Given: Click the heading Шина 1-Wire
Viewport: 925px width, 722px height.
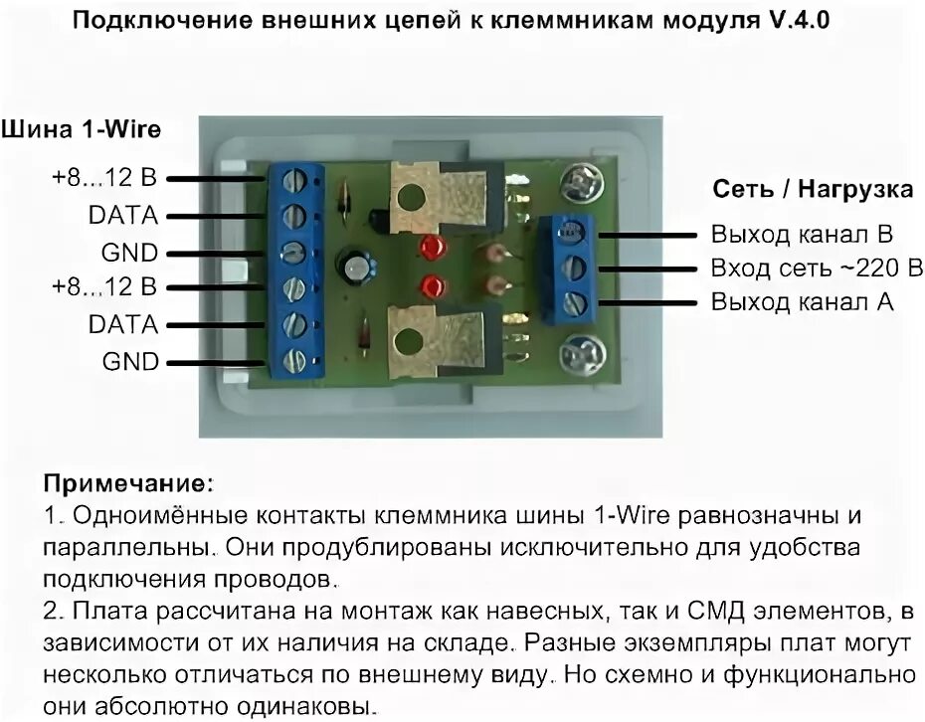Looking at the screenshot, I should click(81, 129).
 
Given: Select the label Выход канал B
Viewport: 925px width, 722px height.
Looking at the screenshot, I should click(802, 235).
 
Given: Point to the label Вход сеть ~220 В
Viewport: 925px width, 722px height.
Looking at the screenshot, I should click(816, 269).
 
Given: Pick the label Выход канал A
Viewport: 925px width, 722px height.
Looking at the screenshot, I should click(802, 301).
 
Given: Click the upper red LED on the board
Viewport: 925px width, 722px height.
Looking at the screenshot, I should click(431, 248).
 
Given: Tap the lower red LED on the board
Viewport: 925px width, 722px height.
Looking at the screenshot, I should click(432, 286).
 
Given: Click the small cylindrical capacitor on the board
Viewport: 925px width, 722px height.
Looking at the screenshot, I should click(357, 267).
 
